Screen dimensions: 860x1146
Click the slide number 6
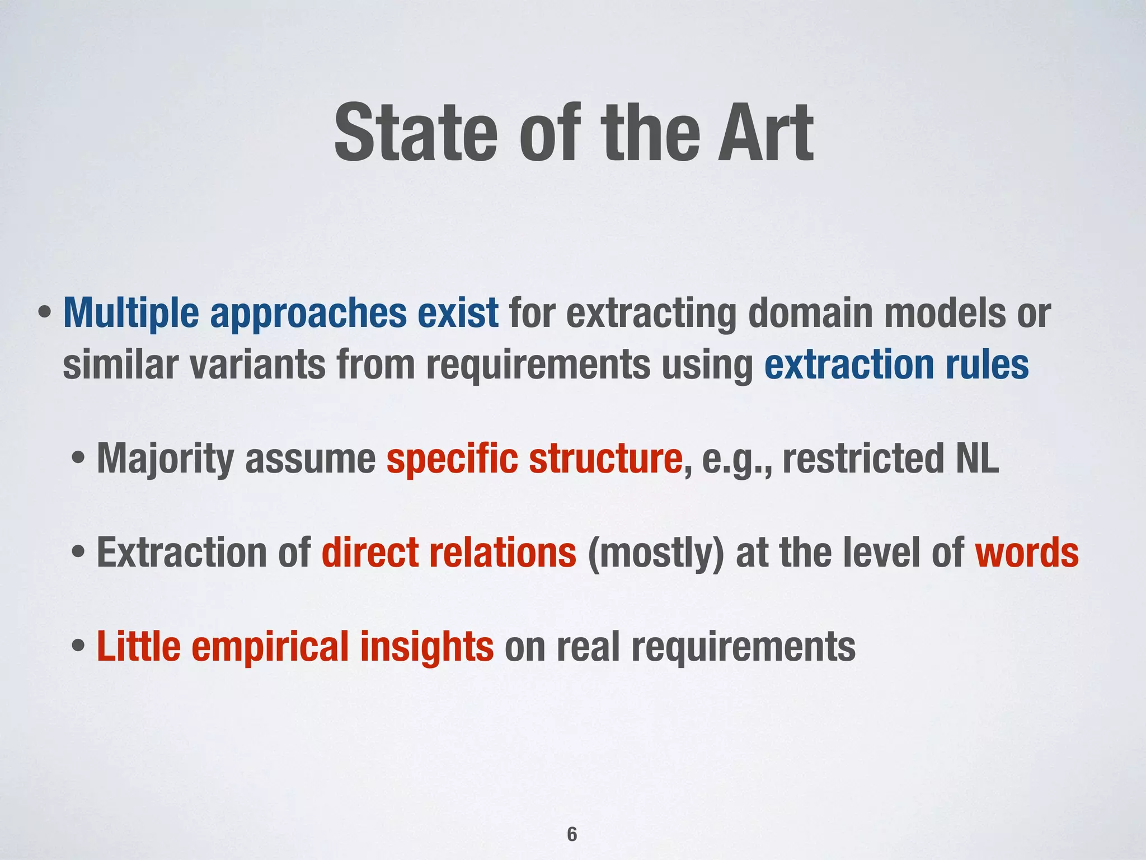point(572,835)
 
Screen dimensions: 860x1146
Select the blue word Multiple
point(131,314)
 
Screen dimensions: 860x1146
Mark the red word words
point(1026,553)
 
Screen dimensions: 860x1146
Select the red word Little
point(138,647)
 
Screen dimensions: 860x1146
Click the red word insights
point(426,647)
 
